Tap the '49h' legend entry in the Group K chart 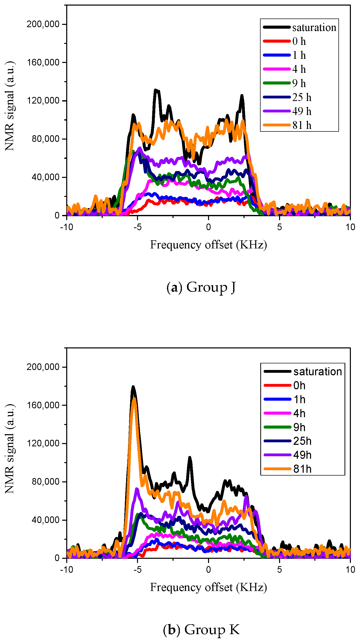pos(302,455)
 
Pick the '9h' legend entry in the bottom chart pos(299,427)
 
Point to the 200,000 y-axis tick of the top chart pos(43,24)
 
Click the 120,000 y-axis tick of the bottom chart pos(43,443)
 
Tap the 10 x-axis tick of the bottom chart pos(350,570)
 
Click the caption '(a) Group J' pos(201,287)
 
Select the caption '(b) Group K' pos(201,630)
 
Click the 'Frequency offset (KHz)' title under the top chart pos(208,245)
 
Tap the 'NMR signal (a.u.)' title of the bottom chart pos(10,449)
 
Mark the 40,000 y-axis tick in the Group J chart pos(45,177)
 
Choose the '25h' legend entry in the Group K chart pos(302,441)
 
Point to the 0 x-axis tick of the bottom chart pos(208,570)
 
